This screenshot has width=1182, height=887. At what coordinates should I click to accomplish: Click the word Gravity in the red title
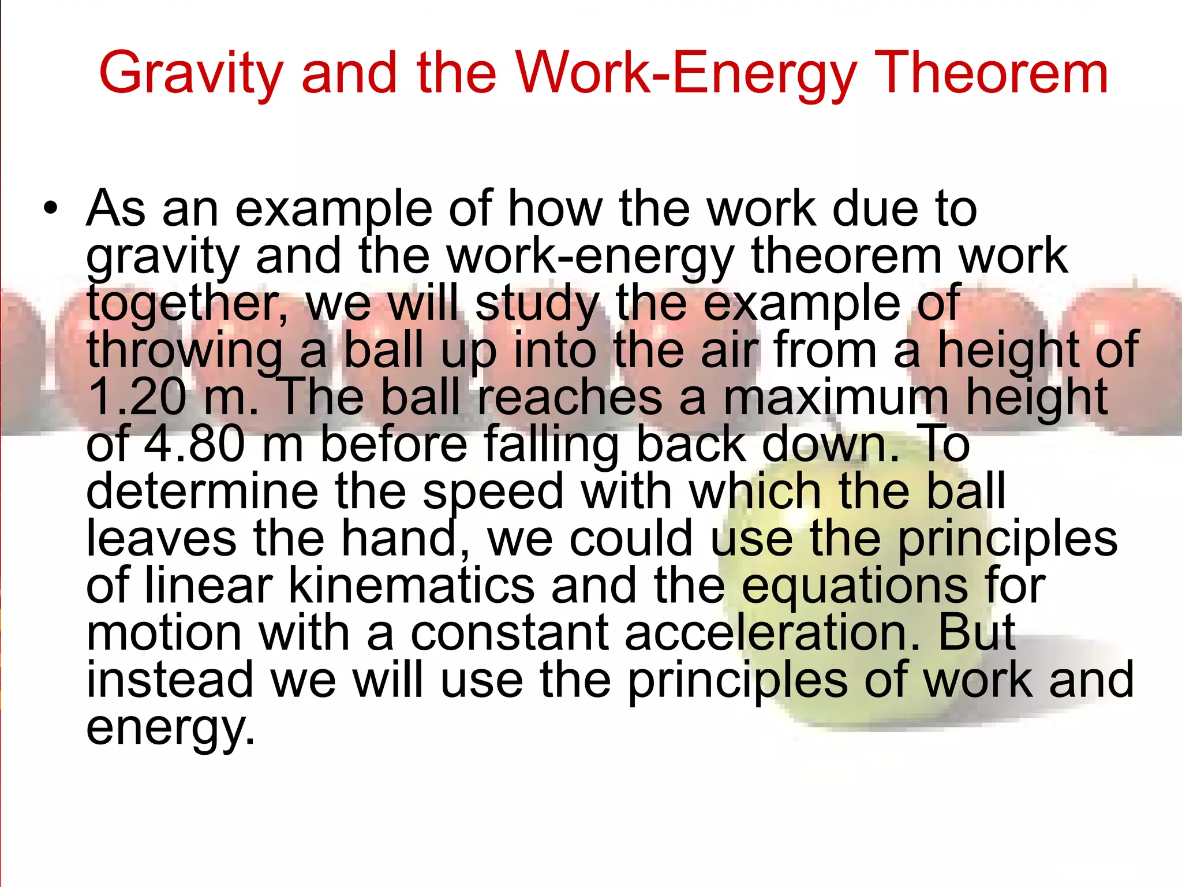click(191, 74)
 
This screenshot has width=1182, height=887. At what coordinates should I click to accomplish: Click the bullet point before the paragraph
click(51, 209)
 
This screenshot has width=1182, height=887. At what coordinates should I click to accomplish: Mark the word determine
click(202, 491)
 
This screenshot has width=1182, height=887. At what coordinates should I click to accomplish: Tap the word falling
click(551, 445)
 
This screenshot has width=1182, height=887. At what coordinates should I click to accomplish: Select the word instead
click(170, 680)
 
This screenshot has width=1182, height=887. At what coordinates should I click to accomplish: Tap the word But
click(977, 633)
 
